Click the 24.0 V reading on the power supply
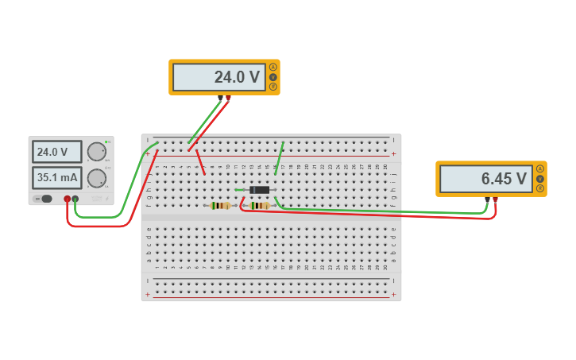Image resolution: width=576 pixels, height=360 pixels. coord(56,152)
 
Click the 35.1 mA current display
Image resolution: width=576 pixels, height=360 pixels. coord(56,178)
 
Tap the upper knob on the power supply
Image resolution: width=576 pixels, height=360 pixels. coord(96,152)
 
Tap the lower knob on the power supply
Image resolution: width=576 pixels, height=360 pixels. coord(96,178)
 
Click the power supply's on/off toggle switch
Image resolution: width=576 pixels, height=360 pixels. coord(44,199)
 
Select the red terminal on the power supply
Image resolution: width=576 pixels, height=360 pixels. coord(67,199)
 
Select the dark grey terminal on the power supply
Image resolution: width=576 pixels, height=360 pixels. coord(75,199)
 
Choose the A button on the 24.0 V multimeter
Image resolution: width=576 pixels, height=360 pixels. coord(273,67)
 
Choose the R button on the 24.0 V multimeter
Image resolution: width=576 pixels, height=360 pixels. coord(273,87)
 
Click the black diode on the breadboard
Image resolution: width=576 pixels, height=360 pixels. coord(259,190)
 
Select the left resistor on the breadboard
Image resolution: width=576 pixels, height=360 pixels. coord(220,206)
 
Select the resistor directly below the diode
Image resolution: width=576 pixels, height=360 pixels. coord(259,206)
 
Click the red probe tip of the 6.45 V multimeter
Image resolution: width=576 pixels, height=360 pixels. coord(495,199)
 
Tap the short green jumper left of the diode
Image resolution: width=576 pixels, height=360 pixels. coord(241,190)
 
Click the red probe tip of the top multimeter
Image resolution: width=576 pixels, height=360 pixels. coord(229,98)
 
